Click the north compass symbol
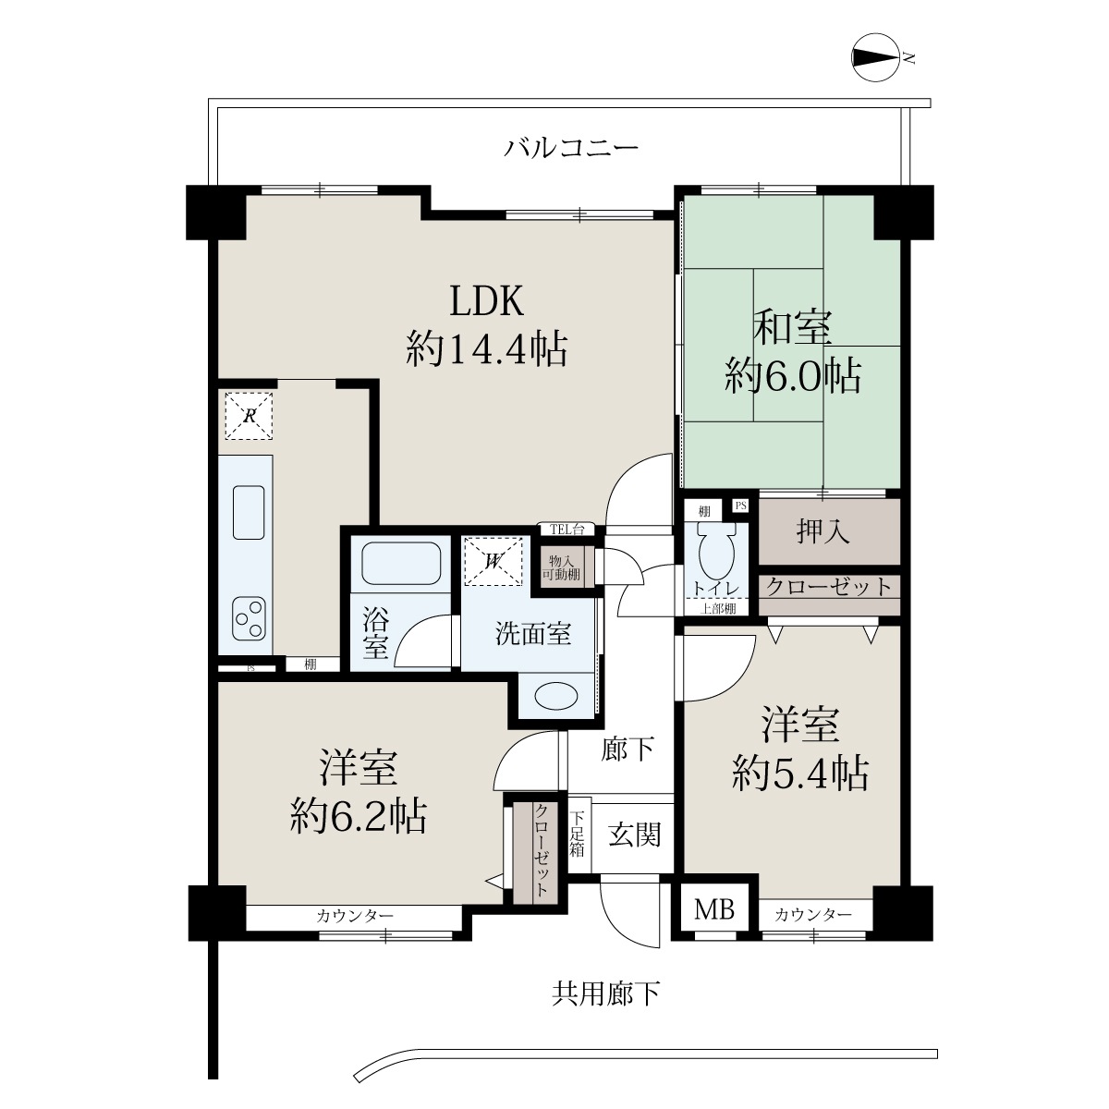tap(875, 57)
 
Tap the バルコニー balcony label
tap(571, 148)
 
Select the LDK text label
tap(486, 300)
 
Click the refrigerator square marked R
tap(249, 416)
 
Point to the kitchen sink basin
tap(249, 512)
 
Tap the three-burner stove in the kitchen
tap(249, 618)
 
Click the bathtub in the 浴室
tap(401, 563)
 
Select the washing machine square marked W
tap(494, 561)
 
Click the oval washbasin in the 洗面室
tap(556, 697)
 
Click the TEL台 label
tap(567, 530)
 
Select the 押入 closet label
tap(823, 530)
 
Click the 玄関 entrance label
tap(635, 835)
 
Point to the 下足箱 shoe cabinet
tap(578, 835)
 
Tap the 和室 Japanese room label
tap(792, 327)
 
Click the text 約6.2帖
tap(358, 815)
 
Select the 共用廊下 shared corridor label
tap(605, 993)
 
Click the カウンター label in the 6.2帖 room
tap(355, 916)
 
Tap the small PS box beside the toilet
tap(740, 506)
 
